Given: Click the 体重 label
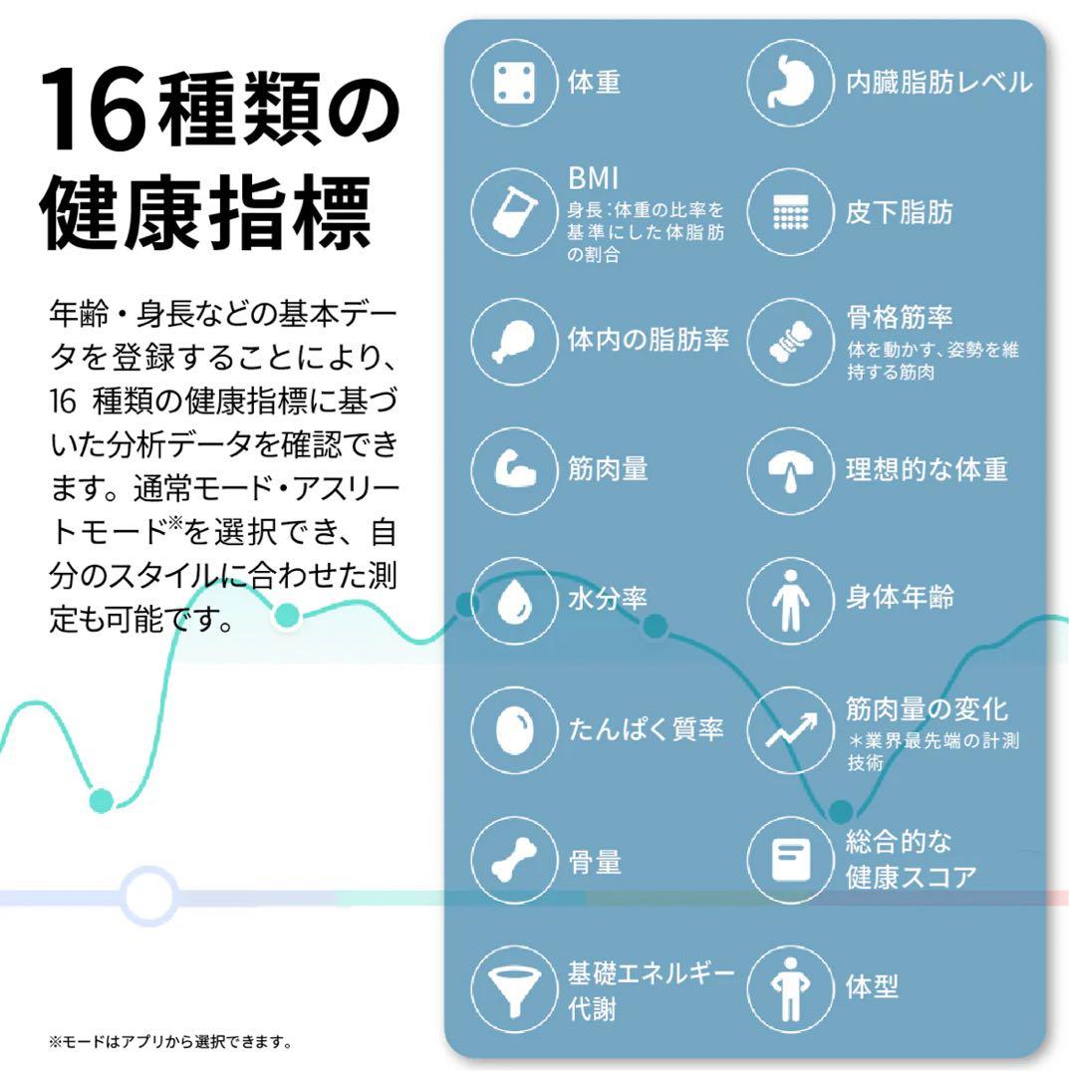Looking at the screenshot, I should (594, 83).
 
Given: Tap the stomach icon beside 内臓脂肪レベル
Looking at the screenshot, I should (789, 83).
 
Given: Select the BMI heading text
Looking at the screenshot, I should (593, 178).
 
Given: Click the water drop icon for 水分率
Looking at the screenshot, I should (513, 601).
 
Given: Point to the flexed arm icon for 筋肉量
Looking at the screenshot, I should (513, 469).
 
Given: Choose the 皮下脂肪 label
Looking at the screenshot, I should (899, 212).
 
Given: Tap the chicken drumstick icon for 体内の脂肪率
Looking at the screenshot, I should (513, 341).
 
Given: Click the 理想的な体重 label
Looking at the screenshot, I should (927, 469).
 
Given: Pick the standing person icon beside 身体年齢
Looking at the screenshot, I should (790, 601).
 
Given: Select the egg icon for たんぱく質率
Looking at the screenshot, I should (513, 729).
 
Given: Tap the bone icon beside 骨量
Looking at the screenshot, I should (513, 861).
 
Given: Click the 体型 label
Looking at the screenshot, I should (872, 986).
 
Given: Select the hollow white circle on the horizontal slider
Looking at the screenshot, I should (149, 896).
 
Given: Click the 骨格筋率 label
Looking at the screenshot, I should (899, 318).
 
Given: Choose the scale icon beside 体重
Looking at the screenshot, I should (513, 83).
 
